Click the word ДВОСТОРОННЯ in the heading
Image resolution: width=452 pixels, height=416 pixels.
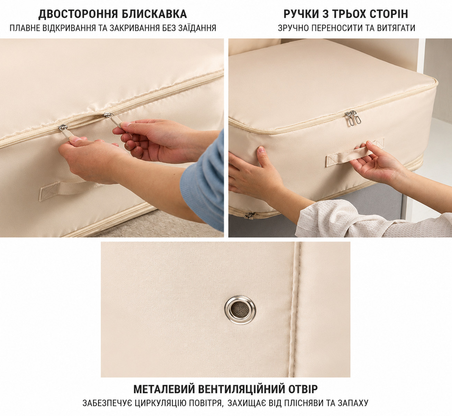[x=78, y=14]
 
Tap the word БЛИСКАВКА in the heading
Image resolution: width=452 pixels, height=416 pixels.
[x=154, y=14]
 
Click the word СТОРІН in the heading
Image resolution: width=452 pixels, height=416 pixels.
[x=389, y=14]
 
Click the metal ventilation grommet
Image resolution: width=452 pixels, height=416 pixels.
[x=240, y=310]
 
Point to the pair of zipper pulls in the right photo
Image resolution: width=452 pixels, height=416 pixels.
[x=353, y=118]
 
